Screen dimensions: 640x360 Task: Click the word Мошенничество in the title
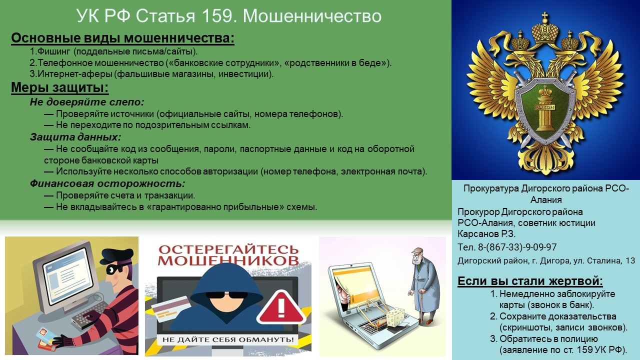(x=312, y=16)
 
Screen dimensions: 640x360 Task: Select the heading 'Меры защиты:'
(x=59, y=88)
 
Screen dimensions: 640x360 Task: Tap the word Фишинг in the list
(x=53, y=51)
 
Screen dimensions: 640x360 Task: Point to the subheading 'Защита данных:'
(x=75, y=137)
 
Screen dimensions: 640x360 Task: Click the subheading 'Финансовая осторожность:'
(x=107, y=183)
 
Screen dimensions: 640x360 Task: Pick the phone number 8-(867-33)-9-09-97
(x=517, y=247)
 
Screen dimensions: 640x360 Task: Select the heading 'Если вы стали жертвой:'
(x=530, y=281)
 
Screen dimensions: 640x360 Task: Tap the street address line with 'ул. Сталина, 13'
(x=546, y=261)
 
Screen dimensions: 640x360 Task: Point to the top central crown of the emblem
(x=545, y=28)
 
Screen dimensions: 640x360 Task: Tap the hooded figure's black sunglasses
(x=227, y=295)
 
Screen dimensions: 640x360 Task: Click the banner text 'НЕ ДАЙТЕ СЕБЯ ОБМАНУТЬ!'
(x=228, y=339)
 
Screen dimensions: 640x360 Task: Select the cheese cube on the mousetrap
(x=395, y=317)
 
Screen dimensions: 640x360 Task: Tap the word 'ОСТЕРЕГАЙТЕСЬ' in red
(x=228, y=249)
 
